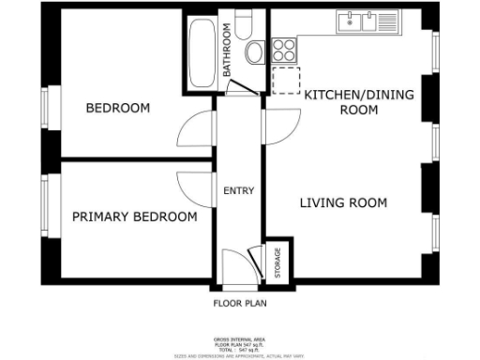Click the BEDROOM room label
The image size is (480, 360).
pos(118,108)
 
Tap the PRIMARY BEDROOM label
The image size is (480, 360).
pos(135,217)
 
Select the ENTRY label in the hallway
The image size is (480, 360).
pos(239,191)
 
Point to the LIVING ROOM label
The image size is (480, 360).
pos(343,202)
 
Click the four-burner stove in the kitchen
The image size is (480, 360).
pos(284,49)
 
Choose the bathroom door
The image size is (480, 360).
pos(240,88)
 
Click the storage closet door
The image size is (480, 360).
pos(253,261)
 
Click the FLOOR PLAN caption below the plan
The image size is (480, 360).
pos(239,303)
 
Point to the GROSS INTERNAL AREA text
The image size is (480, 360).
pos(239,339)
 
